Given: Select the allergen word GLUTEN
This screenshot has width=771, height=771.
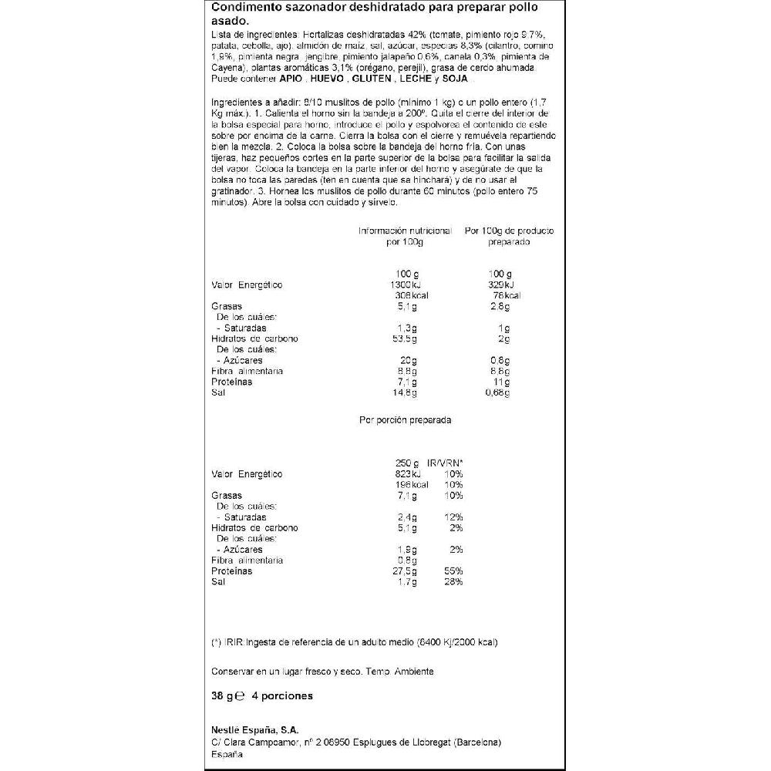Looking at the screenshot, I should click(372, 79).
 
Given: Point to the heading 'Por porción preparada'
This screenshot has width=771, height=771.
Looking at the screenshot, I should click(405, 420).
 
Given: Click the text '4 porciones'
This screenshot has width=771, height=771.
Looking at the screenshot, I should click(282, 695).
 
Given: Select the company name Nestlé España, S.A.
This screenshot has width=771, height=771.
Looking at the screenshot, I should click(254, 729).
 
